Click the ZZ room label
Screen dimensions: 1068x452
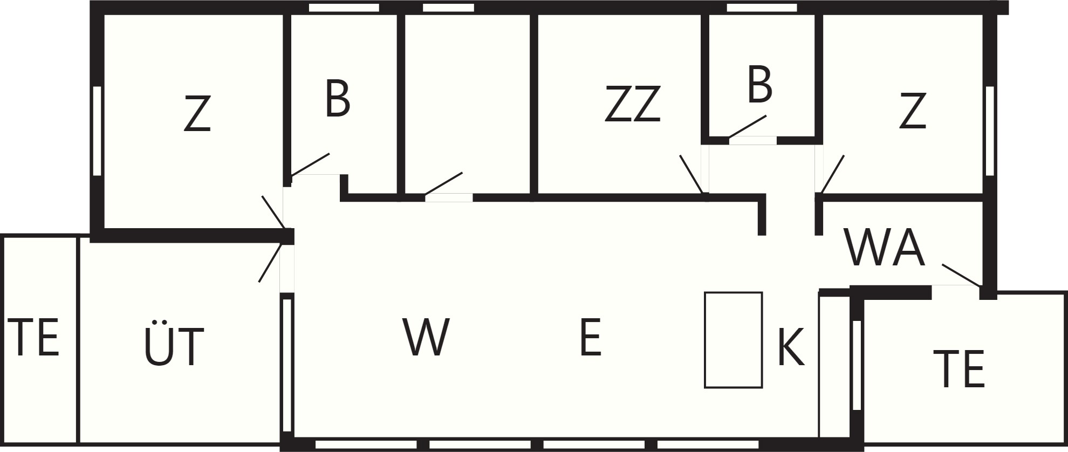632,104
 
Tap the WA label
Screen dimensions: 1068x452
885,248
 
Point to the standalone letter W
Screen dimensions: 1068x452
426,337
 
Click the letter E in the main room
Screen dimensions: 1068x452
590,337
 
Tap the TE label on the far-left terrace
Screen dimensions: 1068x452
33,337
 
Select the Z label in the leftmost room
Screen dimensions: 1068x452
197,113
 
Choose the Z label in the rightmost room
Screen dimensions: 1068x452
913,111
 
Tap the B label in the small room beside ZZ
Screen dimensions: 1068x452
759,85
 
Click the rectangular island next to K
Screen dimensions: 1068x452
734,340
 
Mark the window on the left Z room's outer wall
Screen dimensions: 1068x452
97,131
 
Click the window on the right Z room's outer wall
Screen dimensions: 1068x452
990,131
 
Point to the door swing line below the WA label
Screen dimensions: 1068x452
961,276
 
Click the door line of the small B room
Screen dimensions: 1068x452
747,126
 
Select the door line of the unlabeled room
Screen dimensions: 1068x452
443,183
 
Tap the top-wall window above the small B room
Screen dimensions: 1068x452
762,8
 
